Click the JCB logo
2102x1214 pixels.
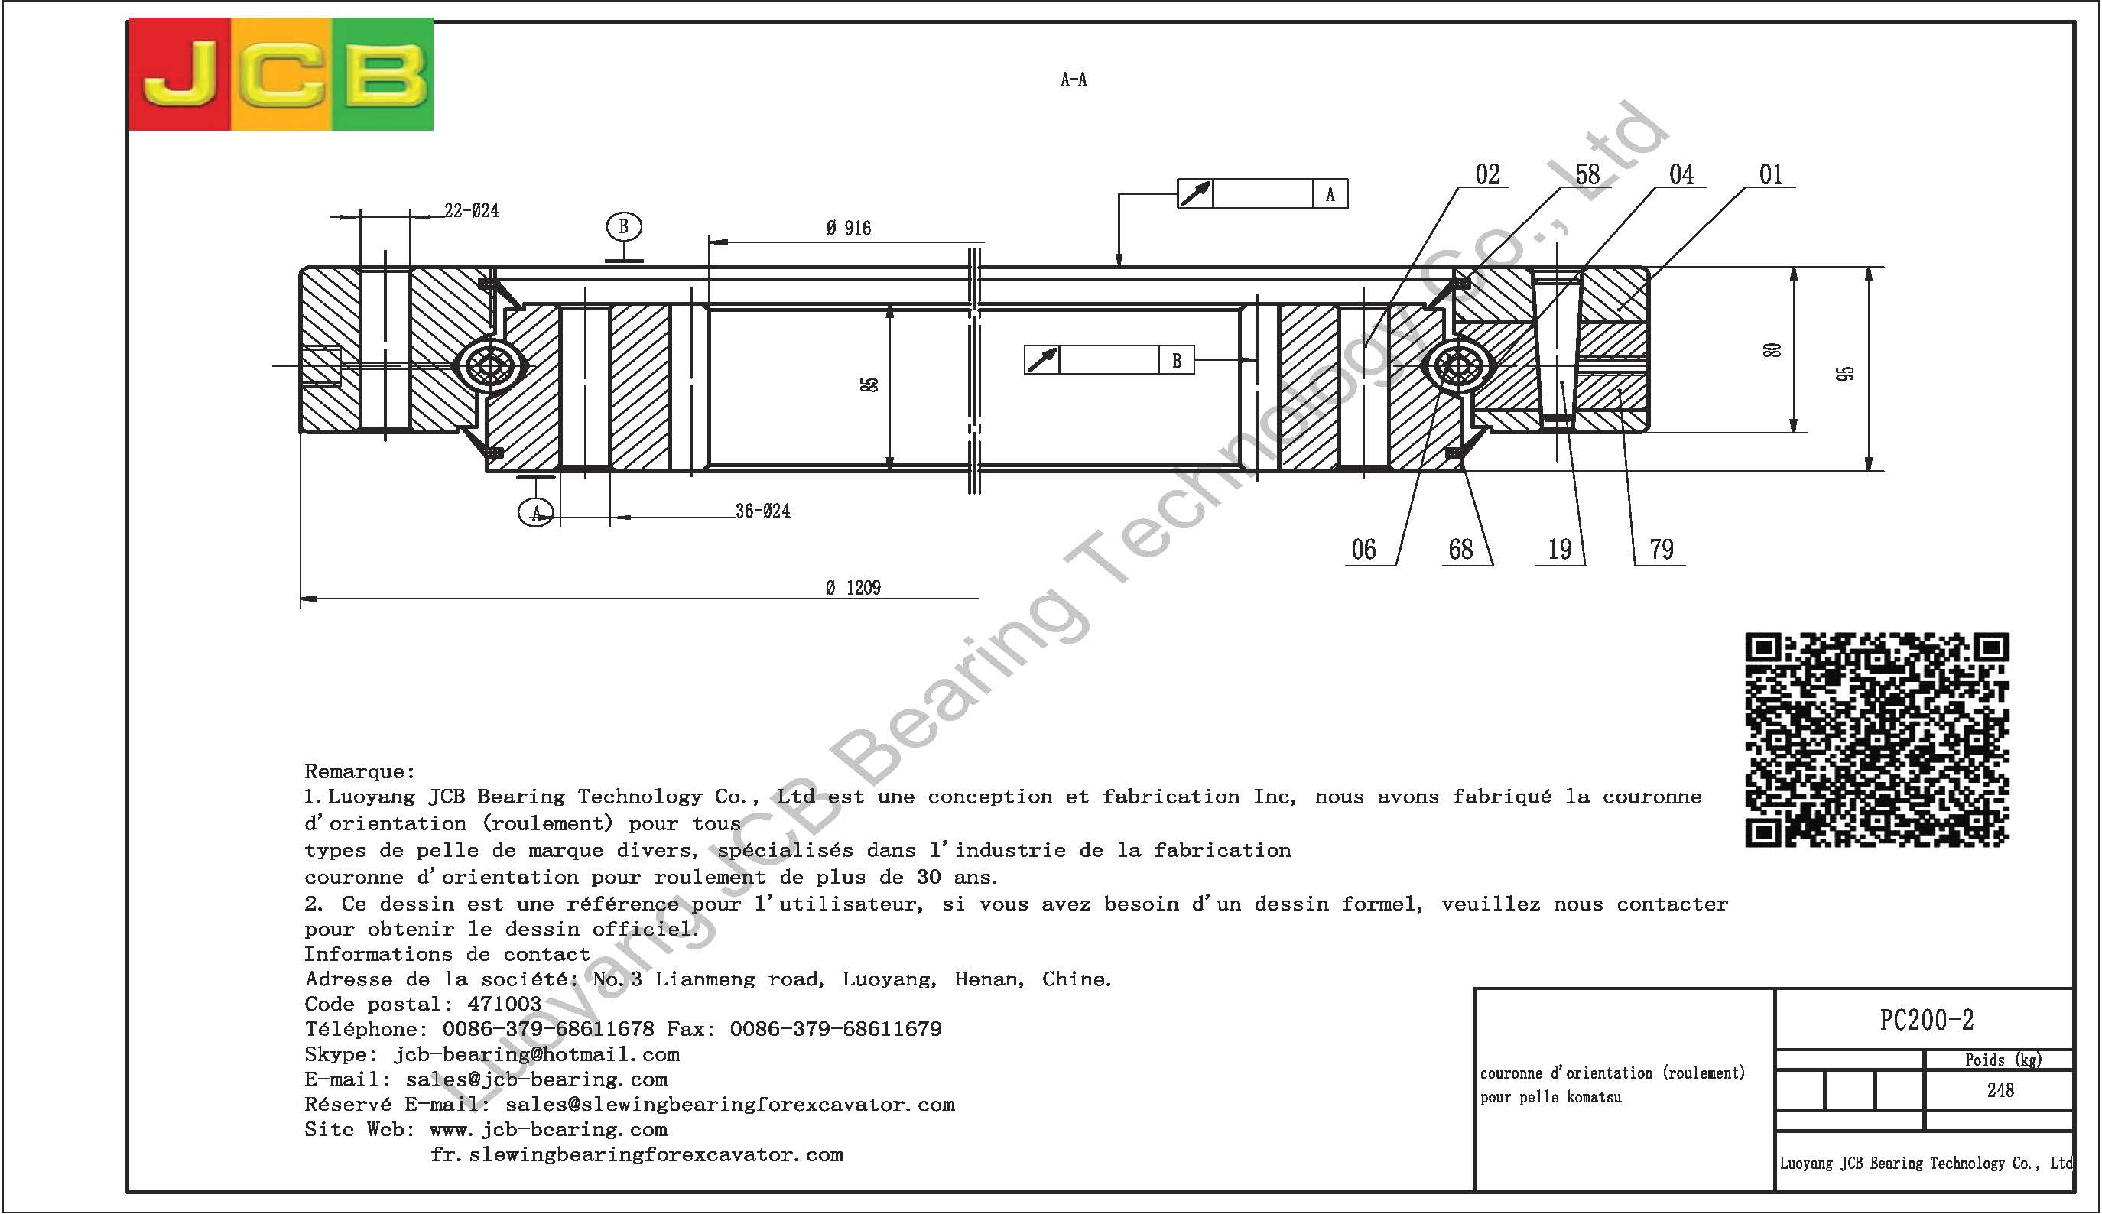(x=281, y=74)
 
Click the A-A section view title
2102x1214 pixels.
(x=1073, y=80)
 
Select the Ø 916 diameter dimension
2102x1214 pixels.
(x=848, y=229)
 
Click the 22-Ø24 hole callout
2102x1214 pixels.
(x=471, y=211)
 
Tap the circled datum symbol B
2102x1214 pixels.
(x=623, y=227)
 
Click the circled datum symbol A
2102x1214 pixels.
(x=535, y=512)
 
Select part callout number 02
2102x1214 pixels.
(x=1486, y=175)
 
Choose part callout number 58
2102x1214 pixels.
(x=1587, y=175)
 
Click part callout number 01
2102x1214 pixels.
(x=1770, y=175)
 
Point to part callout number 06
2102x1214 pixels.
(x=1363, y=550)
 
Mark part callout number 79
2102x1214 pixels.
(x=1661, y=550)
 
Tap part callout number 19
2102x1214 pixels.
(x=1559, y=550)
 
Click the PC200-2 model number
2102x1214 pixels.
(x=1926, y=1020)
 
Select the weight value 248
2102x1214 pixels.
(x=2000, y=1089)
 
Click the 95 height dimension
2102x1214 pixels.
(x=1845, y=373)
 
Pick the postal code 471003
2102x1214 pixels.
(x=505, y=1004)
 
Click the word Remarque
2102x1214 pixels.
(x=359, y=771)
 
